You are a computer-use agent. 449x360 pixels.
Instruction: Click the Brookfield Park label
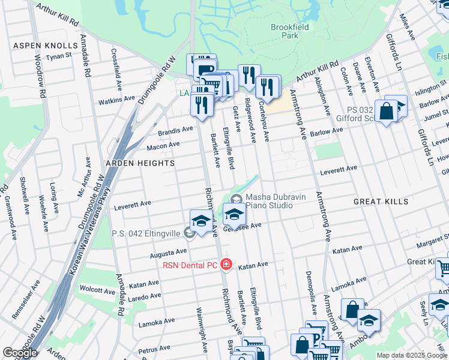tap(285, 31)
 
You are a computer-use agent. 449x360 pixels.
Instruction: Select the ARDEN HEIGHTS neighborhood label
tap(140, 163)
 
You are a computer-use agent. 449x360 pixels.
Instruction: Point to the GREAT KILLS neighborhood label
tap(380, 202)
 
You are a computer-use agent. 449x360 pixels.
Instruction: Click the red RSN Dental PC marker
tap(226, 264)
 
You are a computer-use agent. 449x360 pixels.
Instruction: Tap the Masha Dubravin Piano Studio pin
tap(235, 199)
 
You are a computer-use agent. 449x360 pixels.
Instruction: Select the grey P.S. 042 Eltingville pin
tap(189, 233)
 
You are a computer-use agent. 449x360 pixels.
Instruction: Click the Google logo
tap(20, 353)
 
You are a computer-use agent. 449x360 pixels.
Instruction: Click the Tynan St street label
tap(60, 56)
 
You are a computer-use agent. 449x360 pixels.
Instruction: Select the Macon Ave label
tap(163, 145)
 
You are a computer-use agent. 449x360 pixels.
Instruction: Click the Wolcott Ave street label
tap(97, 290)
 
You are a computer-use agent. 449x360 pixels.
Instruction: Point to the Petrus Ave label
tap(154, 349)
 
